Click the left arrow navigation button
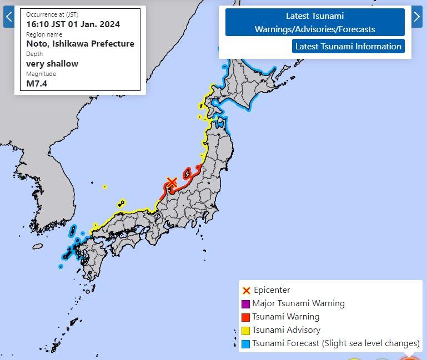(x=8, y=17)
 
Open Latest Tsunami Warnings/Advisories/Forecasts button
(x=315, y=23)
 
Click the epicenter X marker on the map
(x=172, y=182)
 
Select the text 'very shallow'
(x=52, y=63)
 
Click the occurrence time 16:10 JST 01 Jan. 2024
(x=73, y=24)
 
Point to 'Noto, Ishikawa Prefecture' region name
(x=80, y=43)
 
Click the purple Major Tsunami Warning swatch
(x=245, y=303)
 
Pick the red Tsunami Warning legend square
(x=245, y=317)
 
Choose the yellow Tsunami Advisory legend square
(x=245, y=330)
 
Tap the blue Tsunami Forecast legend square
(x=245, y=343)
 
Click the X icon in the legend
(x=246, y=290)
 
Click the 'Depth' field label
(x=34, y=54)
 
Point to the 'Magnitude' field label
(x=41, y=74)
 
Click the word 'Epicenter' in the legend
(x=272, y=290)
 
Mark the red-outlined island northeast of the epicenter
(x=188, y=174)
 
